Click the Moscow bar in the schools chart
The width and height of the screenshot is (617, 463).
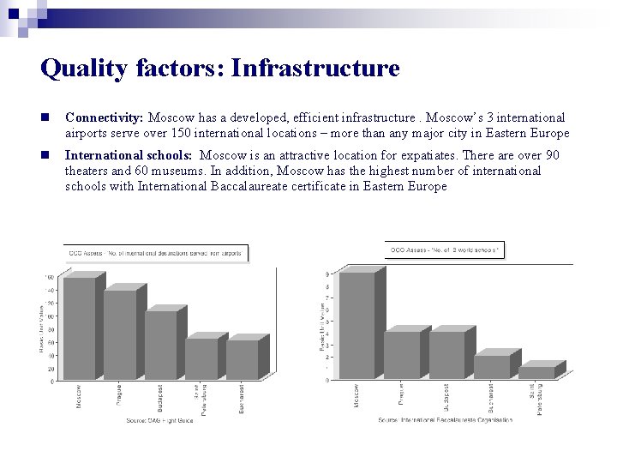357,325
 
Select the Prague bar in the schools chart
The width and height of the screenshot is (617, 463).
402,355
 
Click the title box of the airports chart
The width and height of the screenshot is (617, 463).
156,252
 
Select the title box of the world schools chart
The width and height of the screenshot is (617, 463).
445,250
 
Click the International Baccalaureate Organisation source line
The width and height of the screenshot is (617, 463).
445,420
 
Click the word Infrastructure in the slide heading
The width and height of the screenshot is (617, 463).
315,69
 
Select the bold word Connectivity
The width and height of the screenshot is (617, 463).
104,117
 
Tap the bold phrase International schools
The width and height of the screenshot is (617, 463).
129,155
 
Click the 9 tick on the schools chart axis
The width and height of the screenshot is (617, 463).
326,274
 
